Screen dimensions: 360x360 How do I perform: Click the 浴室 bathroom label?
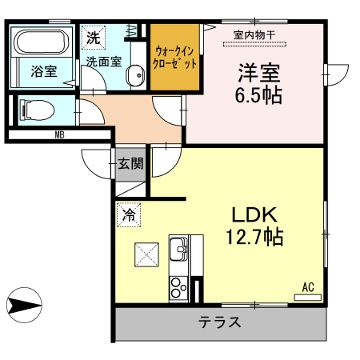click(x=43, y=71)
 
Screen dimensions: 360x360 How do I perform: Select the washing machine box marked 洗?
click(x=93, y=37)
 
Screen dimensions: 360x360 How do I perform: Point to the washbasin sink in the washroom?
click(x=136, y=77)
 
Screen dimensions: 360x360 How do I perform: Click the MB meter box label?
click(x=59, y=134)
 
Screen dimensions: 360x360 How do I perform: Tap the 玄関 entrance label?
click(x=131, y=165)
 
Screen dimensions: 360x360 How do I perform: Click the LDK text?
click(x=254, y=214)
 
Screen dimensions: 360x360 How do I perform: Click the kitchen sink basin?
click(x=179, y=248)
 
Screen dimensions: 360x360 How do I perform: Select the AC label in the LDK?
click(x=307, y=287)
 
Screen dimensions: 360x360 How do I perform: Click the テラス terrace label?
click(x=220, y=324)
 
